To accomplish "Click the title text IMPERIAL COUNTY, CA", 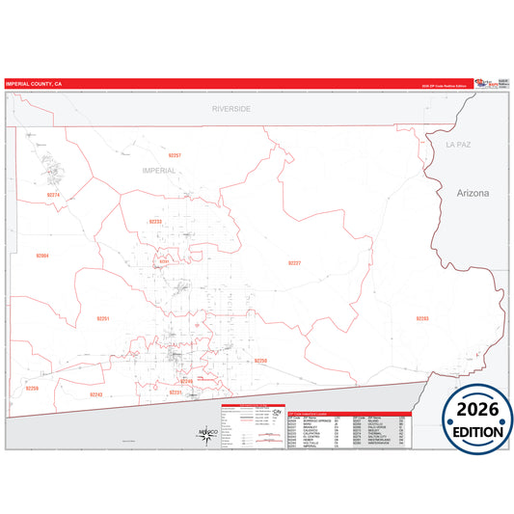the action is (x=35, y=84).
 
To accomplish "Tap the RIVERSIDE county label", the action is (x=231, y=109).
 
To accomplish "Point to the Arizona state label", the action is (x=473, y=193).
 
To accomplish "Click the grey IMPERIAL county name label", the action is (x=158, y=170).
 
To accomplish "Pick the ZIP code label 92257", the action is (x=174, y=155).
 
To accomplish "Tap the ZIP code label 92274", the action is (x=53, y=195).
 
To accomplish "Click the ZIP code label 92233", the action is (x=155, y=221).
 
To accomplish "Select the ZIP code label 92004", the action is (x=42, y=256).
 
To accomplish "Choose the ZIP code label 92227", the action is (x=294, y=262).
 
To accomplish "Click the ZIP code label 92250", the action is (x=259, y=360).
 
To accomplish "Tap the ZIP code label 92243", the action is (x=95, y=394).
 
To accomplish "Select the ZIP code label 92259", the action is (x=33, y=388).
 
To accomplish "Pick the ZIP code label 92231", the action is (x=175, y=392).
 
